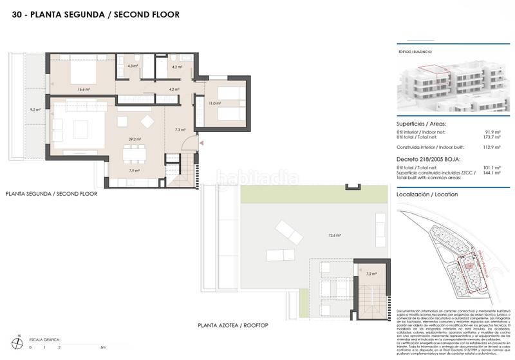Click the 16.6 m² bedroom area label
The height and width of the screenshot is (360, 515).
tap(83, 89)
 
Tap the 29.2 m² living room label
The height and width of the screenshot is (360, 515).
tap(135, 138)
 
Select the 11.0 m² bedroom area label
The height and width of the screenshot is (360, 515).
tap(215, 103)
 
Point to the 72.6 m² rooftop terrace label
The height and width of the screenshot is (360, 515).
tap(334, 235)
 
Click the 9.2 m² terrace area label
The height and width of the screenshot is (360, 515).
tap(35, 109)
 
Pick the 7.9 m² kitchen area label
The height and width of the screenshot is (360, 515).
tap(135, 171)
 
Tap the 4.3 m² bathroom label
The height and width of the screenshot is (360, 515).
tap(133, 66)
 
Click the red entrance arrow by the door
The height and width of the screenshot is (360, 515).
tap(202, 142)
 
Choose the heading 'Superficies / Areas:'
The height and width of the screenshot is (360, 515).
tap(422, 124)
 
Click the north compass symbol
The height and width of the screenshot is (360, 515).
tap(20, 341)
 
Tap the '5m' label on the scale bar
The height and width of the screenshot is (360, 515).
tap(102, 347)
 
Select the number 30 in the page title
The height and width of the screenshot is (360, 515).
tap(17, 14)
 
